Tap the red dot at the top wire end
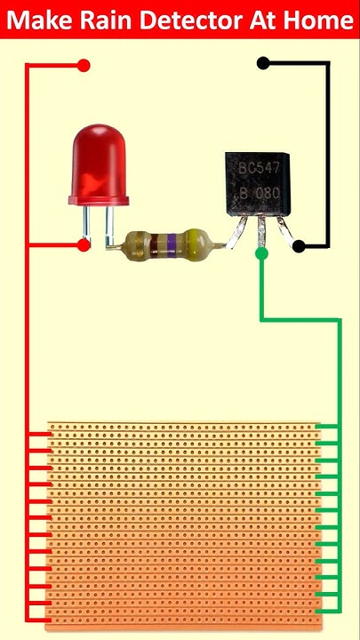[x=84, y=65]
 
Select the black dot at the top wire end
[x=262, y=63]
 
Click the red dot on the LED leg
[x=84, y=244]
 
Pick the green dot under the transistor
[x=261, y=254]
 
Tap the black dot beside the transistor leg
[x=299, y=246]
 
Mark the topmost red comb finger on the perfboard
[x=37, y=436]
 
